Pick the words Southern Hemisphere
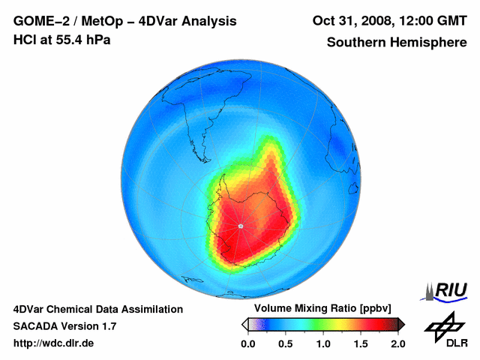[x=395, y=42]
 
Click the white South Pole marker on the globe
[x=240, y=226]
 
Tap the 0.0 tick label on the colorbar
[x=247, y=343]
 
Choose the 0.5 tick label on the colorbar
[x=285, y=343]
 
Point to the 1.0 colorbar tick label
[x=322, y=343]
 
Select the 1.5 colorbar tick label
[x=360, y=343]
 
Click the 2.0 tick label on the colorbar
[x=397, y=343]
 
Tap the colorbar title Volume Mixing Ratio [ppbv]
[x=320, y=309]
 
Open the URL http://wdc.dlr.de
[x=54, y=343]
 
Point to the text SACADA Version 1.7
[x=64, y=326]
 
